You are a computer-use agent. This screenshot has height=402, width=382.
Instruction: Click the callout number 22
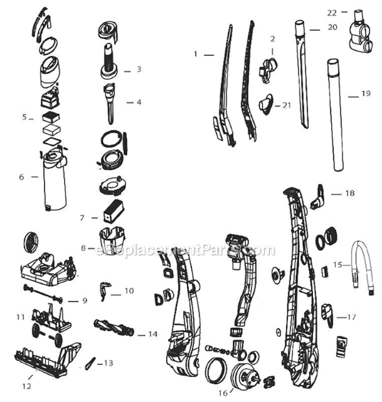332,13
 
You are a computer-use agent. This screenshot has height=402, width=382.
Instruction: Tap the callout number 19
366,93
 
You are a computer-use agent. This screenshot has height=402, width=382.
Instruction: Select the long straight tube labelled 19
335,115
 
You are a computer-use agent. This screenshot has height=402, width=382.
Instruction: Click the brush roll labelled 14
114,327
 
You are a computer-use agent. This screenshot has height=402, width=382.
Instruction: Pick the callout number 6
21,177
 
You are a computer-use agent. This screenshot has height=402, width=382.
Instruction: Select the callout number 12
27,386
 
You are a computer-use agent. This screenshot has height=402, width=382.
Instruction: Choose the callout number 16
223,393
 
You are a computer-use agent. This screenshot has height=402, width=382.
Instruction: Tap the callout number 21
287,105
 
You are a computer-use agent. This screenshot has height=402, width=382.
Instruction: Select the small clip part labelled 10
104,291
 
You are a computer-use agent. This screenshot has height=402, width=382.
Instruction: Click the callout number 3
139,69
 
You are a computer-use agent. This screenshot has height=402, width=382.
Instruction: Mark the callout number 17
351,317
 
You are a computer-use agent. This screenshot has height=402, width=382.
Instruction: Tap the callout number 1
196,54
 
